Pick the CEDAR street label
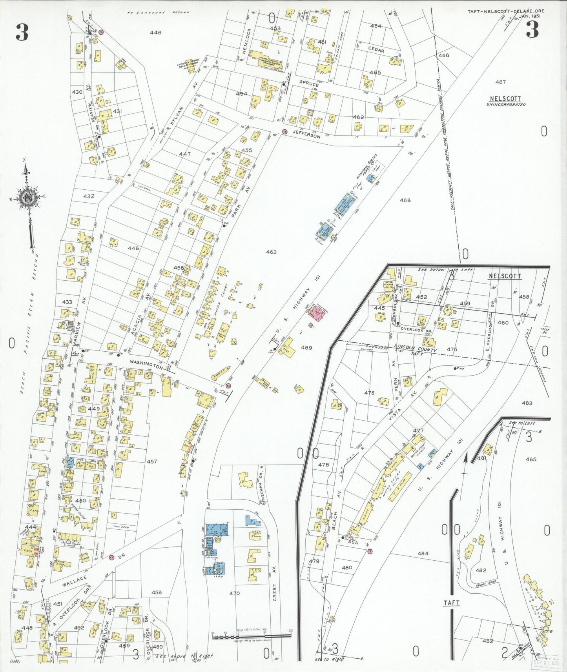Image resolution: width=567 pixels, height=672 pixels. (376, 51)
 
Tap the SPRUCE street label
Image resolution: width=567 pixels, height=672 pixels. (308, 83)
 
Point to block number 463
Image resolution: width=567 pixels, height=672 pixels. (271, 252)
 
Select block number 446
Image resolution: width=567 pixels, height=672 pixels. (155, 33)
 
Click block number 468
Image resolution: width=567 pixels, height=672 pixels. (405, 200)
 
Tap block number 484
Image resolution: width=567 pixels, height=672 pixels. (423, 554)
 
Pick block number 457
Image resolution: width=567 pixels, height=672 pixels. (152, 461)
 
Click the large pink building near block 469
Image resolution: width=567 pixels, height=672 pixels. (318, 312)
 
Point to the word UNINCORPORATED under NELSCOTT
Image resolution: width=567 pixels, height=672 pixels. (506, 105)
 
